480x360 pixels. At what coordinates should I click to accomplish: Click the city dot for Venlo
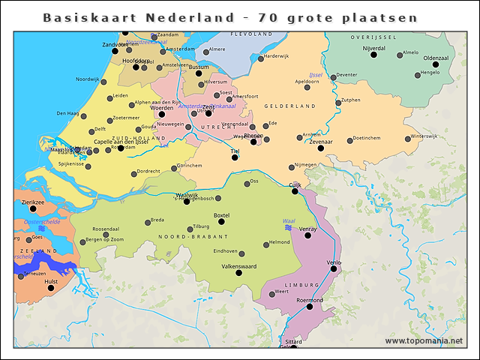334,268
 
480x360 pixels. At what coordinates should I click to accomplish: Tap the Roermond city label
310,300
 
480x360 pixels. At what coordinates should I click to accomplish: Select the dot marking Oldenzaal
435,64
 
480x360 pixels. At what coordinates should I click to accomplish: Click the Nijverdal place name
373,48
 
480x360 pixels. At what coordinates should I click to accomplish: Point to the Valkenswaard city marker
238,273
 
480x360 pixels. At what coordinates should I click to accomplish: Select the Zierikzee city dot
32,208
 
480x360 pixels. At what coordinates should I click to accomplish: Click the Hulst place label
51,281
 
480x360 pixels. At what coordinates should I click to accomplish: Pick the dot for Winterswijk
407,137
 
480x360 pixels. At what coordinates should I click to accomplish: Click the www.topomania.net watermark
424,341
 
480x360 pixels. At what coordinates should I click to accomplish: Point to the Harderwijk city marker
261,58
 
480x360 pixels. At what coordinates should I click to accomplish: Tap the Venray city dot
307,235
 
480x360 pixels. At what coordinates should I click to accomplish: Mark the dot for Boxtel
221,221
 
